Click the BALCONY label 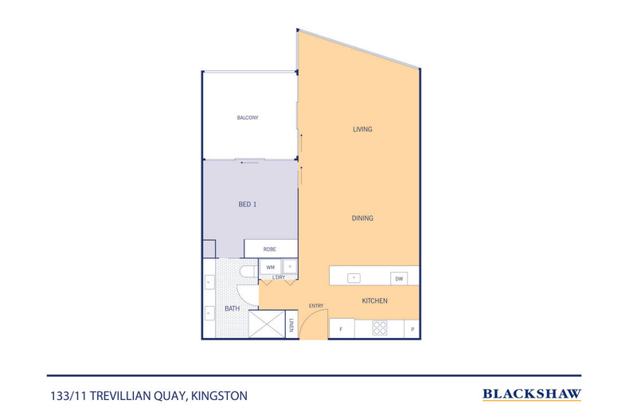coord(248,118)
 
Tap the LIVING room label coord(363,129)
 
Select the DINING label coord(363,218)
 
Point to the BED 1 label coord(248,205)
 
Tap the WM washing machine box coord(271,267)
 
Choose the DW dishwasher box coord(398,278)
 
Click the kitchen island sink coord(355,277)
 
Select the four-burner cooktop coord(380,328)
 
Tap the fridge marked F coord(342,328)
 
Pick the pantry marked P coord(412,328)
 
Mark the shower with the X coord(267,324)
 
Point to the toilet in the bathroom coord(248,273)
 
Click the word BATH coord(232,308)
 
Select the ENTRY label coord(316,305)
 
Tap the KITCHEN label coord(375,300)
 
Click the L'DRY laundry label coord(279,277)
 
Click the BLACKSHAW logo coord(532,394)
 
